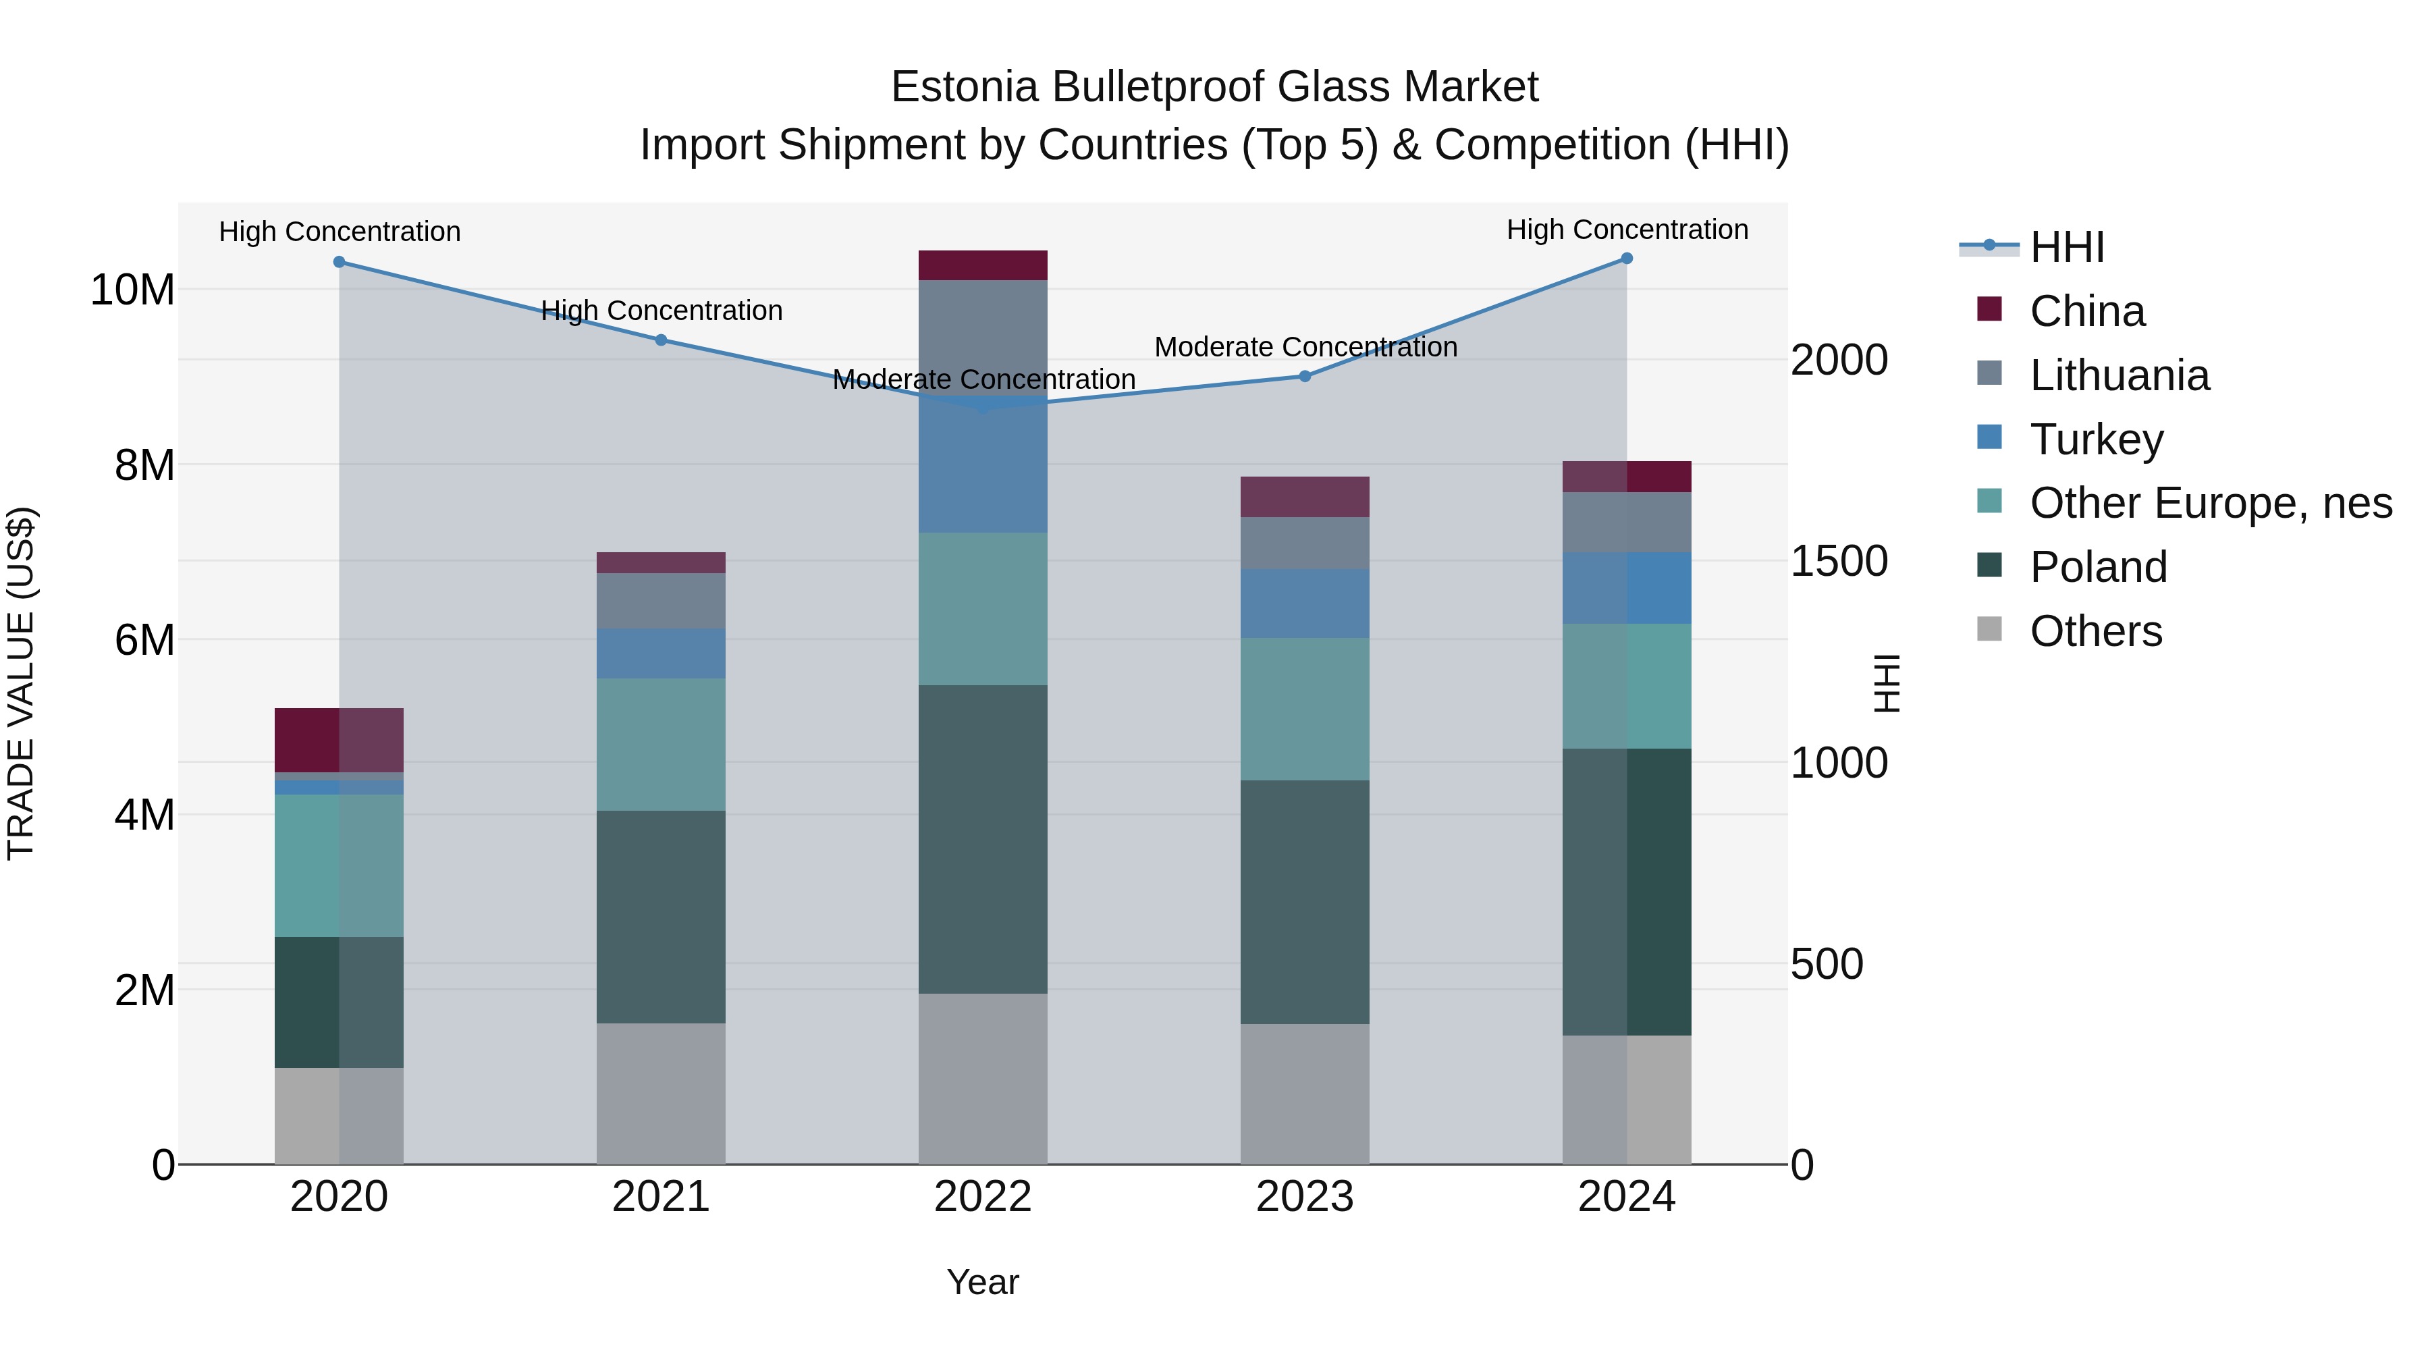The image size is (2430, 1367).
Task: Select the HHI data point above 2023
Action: (x=1305, y=377)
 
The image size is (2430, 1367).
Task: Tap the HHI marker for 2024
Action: (x=1626, y=259)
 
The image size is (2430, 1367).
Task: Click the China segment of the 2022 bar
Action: (x=982, y=265)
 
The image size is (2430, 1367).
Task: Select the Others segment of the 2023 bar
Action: (x=1305, y=1094)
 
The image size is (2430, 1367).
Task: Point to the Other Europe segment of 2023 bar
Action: (x=1305, y=709)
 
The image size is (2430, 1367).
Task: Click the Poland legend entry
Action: (x=2098, y=567)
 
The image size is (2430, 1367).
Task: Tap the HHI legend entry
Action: (x=2066, y=247)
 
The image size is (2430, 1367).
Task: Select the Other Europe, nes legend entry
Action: (x=2210, y=503)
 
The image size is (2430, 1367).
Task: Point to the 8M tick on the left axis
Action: (x=144, y=465)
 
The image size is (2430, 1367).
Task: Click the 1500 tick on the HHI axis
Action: (x=1839, y=562)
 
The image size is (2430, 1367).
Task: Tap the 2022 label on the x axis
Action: (x=982, y=1197)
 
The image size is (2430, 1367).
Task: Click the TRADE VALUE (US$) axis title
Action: (x=21, y=683)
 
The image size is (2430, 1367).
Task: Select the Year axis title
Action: (x=982, y=1282)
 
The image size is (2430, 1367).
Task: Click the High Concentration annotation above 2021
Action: (x=661, y=311)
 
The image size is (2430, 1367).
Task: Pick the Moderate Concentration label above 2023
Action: (x=1305, y=347)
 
